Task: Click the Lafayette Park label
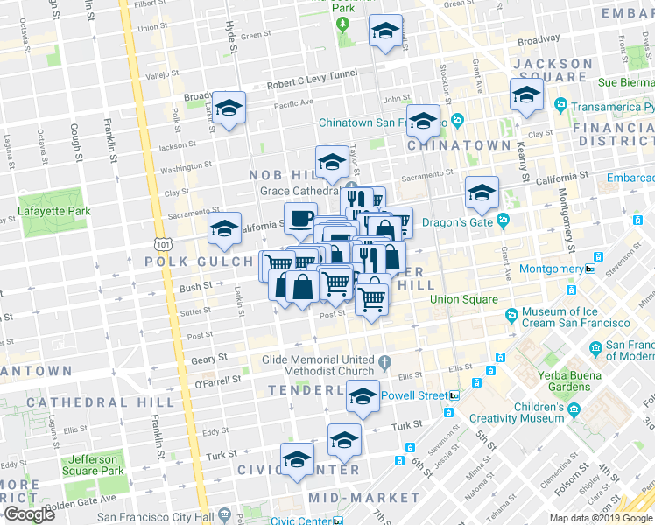coord(55,211)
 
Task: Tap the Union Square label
coord(463,300)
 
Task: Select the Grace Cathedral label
coord(299,190)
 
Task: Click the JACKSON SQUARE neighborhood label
coord(565,70)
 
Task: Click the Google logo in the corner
coord(29,514)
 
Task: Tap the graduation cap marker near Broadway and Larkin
coord(229,108)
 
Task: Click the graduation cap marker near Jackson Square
coord(526,94)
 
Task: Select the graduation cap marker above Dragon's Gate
coord(481,192)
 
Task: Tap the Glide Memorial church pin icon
coord(385,360)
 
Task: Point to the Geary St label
coord(210,357)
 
